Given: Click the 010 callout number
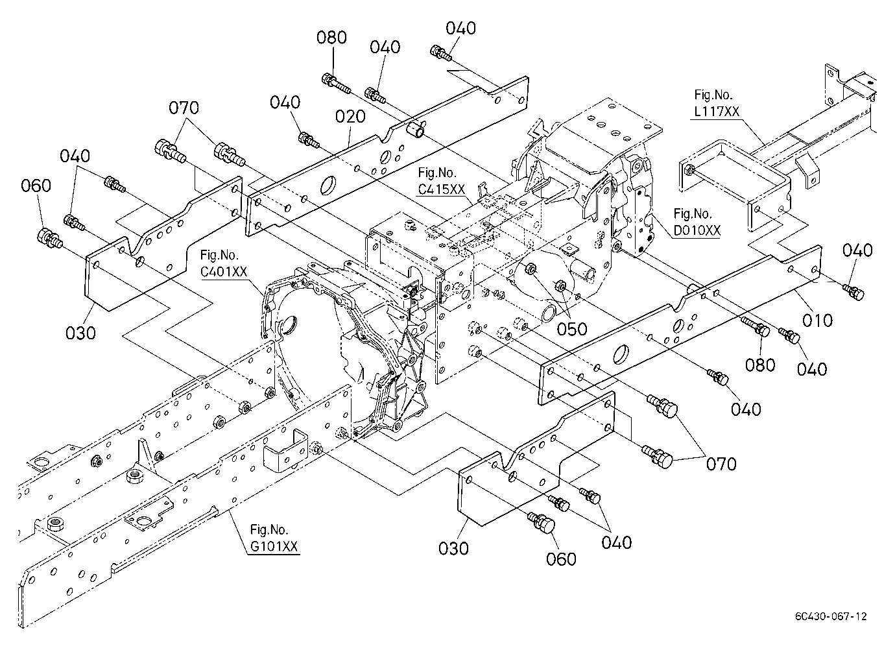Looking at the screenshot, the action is (x=817, y=320).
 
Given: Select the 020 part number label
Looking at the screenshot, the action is (x=350, y=117).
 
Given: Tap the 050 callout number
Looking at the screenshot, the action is (x=572, y=329).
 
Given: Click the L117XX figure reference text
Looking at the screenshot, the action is (x=717, y=112).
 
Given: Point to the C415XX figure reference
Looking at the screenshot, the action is (x=441, y=189).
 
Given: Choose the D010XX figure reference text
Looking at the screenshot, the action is (x=697, y=231).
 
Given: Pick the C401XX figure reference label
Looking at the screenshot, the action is (x=224, y=272).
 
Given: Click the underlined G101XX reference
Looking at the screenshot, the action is (x=274, y=546).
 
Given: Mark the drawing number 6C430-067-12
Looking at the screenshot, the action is (x=831, y=616).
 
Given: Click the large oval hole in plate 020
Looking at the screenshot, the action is (x=328, y=186).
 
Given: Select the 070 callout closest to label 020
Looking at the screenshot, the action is (x=184, y=108).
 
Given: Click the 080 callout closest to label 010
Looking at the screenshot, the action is (x=760, y=365).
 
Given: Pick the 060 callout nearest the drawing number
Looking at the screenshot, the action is (x=562, y=559).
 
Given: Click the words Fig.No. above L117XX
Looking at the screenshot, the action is (x=713, y=95).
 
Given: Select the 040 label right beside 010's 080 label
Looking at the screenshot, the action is (x=812, y=369).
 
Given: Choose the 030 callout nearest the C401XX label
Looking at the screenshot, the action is (x=80, y=333).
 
